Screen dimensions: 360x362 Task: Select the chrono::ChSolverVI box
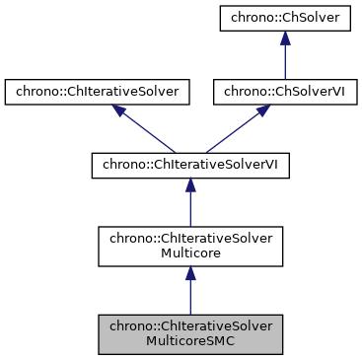284,92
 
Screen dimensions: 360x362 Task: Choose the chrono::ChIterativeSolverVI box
190,163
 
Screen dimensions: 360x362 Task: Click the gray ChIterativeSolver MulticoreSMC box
190,333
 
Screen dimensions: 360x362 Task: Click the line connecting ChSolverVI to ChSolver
284,61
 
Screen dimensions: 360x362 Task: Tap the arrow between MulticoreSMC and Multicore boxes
190,294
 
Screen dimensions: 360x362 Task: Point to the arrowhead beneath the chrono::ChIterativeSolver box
119,110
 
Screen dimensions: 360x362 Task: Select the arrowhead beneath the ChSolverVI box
261,110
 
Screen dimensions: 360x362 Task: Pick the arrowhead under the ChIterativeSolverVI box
190,183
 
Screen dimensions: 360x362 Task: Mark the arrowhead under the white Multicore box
190,275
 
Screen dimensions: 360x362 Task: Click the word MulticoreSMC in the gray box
190,341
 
